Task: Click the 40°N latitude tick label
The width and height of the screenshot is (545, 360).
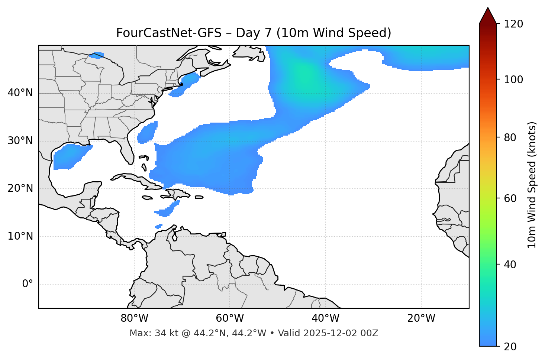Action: point(20,93)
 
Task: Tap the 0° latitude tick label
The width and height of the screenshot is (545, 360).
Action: point(28,284)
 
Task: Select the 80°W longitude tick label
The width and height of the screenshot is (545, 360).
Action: point(134,318)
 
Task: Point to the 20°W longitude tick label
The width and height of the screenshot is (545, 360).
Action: point(421,318)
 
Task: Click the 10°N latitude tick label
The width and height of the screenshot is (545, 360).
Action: point(20,236)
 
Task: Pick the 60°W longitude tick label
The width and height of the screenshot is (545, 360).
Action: point(230,318)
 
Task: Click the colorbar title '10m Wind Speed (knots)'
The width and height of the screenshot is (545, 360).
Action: point(532,185)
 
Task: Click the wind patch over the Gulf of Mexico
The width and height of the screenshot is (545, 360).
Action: point(69,156)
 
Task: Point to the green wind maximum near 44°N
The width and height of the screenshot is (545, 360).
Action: point(303,72)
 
